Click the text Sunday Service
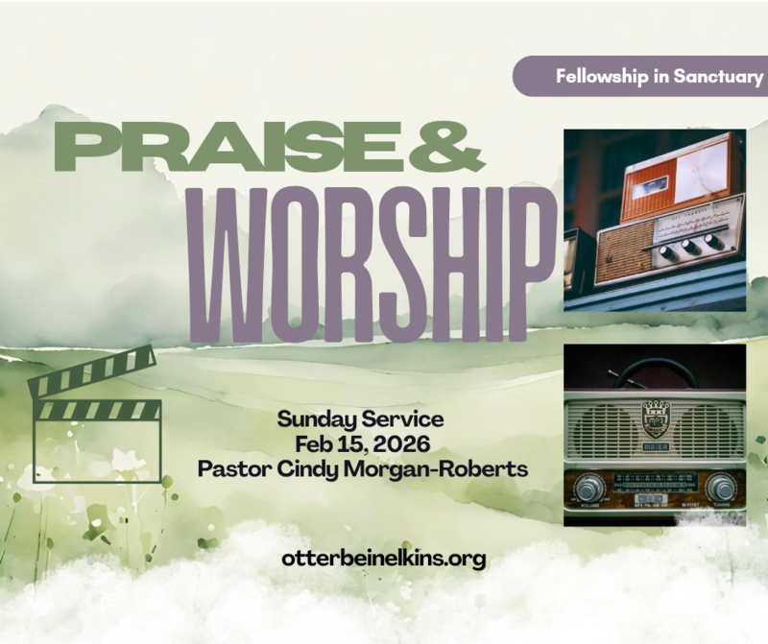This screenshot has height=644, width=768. click(360, 420)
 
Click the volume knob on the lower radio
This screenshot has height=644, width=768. click(588, 489)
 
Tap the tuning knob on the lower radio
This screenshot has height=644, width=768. click(719, 489)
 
